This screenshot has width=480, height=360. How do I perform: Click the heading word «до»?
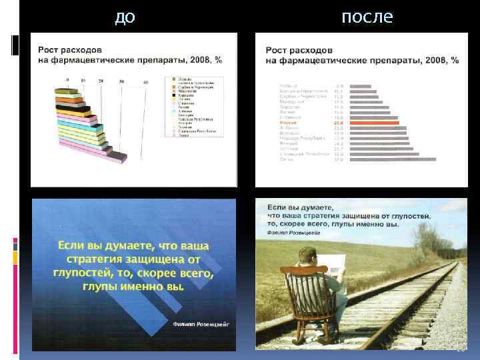[x=125, y=17]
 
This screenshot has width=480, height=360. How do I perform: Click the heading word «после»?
[x=367, y=17]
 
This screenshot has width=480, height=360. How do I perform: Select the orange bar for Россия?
[x=374, y=123]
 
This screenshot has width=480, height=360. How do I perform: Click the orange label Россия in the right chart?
[x=290, y=123]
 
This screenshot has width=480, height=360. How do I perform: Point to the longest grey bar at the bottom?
[x=393, y=159]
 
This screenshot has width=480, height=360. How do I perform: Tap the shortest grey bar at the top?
[x=361, y=87]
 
